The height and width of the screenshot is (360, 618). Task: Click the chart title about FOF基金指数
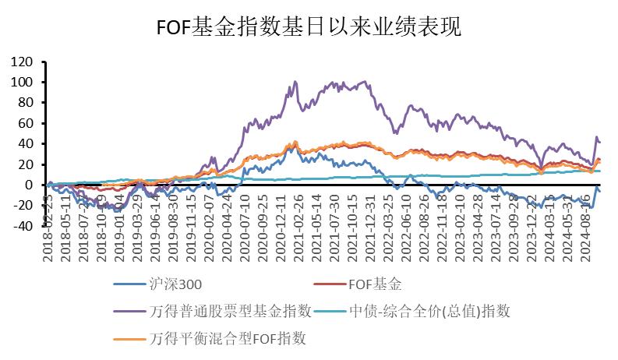click(x=309, y=27)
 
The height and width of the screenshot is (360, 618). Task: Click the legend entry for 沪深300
click(x=178, y=286)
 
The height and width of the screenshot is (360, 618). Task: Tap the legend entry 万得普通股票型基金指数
click(x=229, y=312)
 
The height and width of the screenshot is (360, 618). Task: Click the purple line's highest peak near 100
click(x=295, y=81)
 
